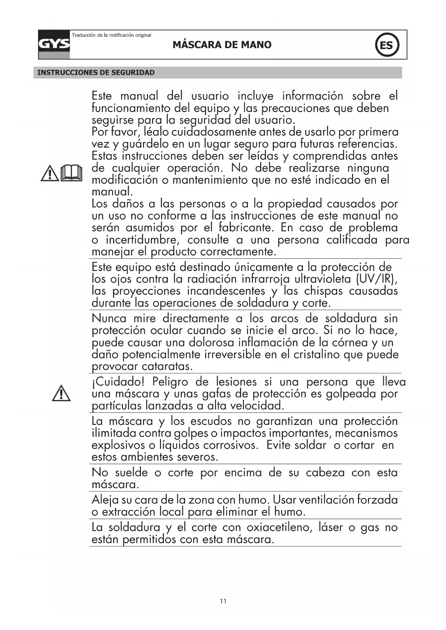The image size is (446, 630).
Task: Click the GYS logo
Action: (54, 45)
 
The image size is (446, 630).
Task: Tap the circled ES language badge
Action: (387, 45)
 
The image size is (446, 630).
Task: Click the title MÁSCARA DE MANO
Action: (222, 45)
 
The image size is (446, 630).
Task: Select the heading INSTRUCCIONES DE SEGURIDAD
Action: (96, 73)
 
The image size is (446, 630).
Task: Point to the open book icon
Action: (72, 173)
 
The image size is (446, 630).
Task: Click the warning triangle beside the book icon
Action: (50, 173)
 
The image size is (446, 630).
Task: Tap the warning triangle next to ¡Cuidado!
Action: (61, 393)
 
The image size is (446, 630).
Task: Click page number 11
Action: (223, 601)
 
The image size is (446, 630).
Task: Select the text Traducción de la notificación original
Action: (111, 35)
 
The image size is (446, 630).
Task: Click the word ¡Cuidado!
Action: (118, 381)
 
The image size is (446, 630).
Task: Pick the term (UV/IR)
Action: (376, 279)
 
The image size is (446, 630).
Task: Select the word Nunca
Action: (109, 318)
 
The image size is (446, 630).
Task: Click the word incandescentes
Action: (226, 291)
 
